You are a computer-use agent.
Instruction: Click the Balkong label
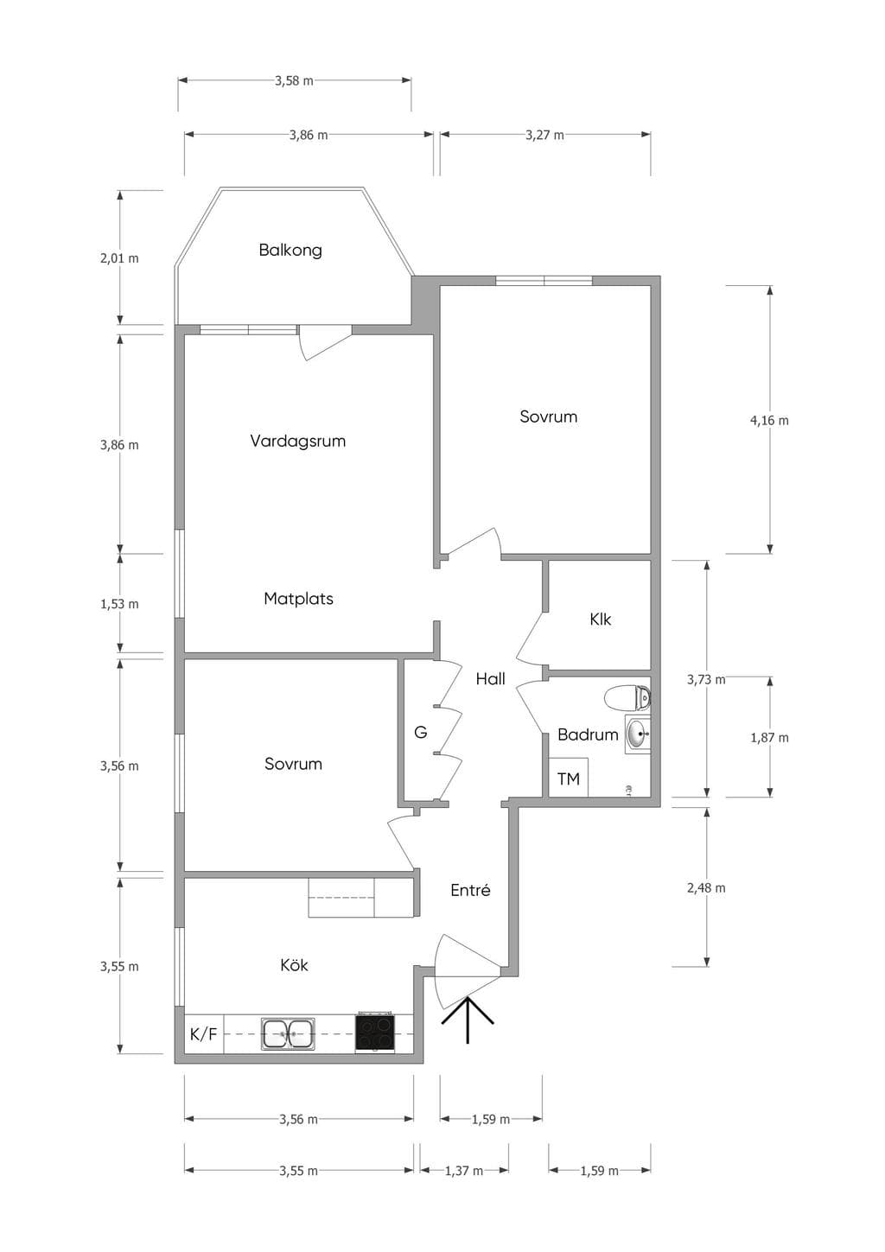tap(290, 250)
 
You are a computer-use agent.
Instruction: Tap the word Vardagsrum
tap(298, 441)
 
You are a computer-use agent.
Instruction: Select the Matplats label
tap(298, 599)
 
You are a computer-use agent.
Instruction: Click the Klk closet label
tap(601, 620)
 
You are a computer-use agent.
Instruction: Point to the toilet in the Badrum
tap(628, 698)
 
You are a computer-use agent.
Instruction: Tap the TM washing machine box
tap(568, 778)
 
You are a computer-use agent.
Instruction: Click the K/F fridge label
tap(203, 1034)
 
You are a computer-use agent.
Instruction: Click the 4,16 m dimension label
tap(769, 421)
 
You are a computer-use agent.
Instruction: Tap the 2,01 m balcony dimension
tap(119, 258)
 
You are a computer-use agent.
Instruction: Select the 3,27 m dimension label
tap(544, 135)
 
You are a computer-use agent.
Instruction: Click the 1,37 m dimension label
tap(464, 1170)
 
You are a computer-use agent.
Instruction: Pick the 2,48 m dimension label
tap(706, 887)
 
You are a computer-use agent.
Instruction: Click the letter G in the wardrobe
tap(420, 732)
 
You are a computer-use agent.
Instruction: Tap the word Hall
tap(490, 678)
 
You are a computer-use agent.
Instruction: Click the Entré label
tap(470, 890)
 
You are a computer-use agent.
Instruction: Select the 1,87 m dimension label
tap(769, 738)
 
